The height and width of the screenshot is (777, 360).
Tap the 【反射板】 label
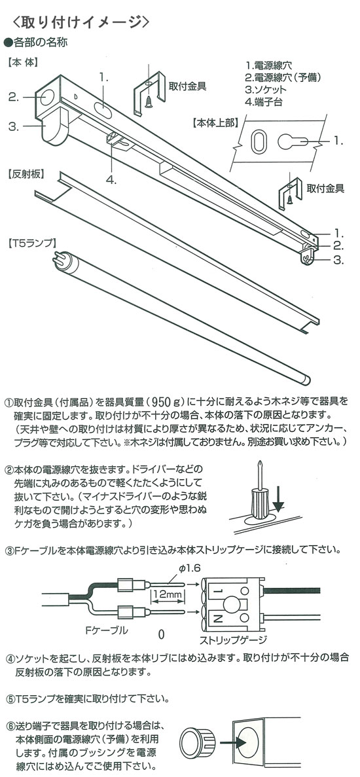24,175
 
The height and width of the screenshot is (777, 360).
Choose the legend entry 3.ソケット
266,90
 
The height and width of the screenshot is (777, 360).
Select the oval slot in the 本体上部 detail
259,142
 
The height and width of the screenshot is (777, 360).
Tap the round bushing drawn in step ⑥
199,741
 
